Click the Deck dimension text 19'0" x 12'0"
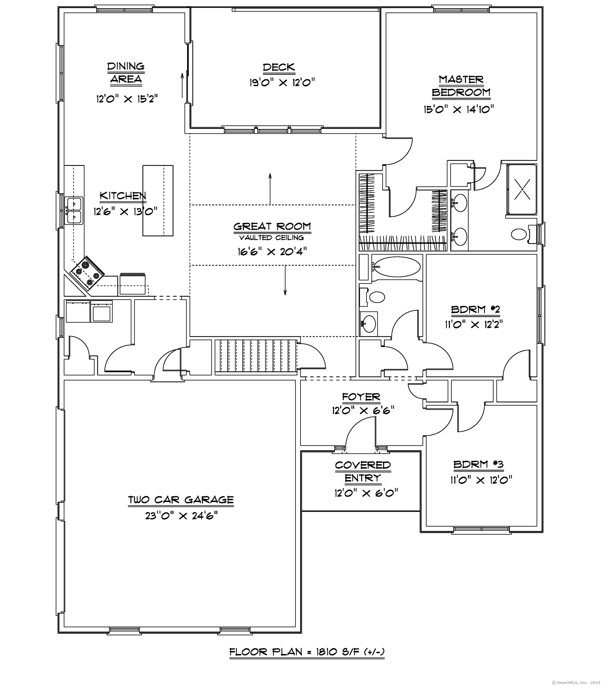pos(282,82)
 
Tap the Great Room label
pos(272,227)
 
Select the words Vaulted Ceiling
pos(271,238)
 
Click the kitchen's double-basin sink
pos(74,211)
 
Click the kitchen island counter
pos(158,200)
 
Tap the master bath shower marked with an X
pos(522,190)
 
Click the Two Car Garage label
pos(181,500)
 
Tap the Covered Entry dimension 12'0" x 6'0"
pos(366,493)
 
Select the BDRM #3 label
pos(478,464)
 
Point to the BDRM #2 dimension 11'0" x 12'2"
pos(473,325)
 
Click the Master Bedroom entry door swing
pos(399,151)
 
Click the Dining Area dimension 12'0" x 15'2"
pos(127,99)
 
